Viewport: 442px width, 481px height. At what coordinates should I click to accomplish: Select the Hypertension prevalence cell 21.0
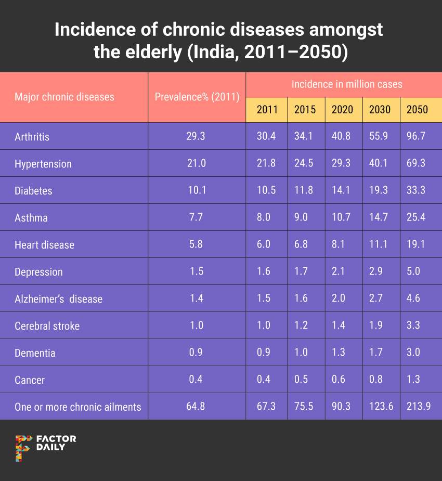(x=196, y=164)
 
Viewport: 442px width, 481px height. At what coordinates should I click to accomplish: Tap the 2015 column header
(x=305, y=110)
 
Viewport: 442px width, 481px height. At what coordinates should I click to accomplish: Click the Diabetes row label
(x=33, y=191)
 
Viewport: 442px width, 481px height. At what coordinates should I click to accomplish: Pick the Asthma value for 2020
(x=342, y=218)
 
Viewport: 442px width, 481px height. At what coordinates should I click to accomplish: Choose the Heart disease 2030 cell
(x=380, y=245)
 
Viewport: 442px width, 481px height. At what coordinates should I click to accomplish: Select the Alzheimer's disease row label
(x=58, y=299)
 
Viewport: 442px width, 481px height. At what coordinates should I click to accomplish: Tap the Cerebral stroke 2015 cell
(x=305, y=326)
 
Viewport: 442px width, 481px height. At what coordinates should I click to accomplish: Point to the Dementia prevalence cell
(x=196, y=353)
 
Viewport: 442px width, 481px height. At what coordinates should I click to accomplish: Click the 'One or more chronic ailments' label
(x=78, y=407)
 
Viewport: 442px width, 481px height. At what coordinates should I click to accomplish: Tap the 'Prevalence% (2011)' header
(x=197, y=97)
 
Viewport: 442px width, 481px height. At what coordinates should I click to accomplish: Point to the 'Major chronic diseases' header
(x=64, y=97)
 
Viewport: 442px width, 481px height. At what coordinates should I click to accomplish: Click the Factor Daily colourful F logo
(x=23, y=447)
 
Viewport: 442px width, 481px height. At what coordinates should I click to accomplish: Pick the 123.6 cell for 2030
(x=380, y=407)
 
